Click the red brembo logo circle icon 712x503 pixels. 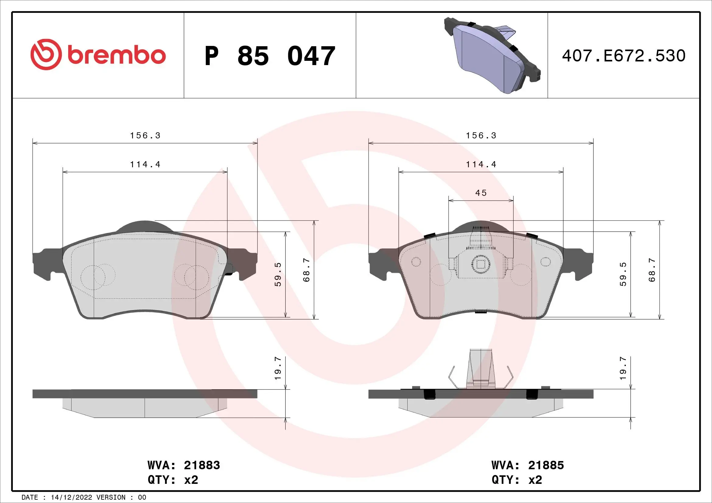click(44, 55)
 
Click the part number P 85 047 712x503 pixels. click(270, 56)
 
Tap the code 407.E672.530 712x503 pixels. click(624, 56)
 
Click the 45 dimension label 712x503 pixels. click(481, 193)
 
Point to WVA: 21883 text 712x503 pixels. click(184, 465)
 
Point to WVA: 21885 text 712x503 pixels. click(528, 465)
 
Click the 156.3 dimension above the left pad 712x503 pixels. click(145, 136)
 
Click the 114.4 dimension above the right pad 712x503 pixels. click(481, 165)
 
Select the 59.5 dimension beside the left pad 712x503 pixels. click(278, 274)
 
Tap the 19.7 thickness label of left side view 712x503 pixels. click(278, 369)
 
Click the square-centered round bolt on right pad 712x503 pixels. click(480, 264)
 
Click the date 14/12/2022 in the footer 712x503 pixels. click(71, 498)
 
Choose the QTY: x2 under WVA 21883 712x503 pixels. click(173, 480)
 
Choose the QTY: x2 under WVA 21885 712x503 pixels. click(517, 480)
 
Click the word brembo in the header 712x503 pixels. click(116, 55)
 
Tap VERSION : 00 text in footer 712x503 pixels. click(121, 498)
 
